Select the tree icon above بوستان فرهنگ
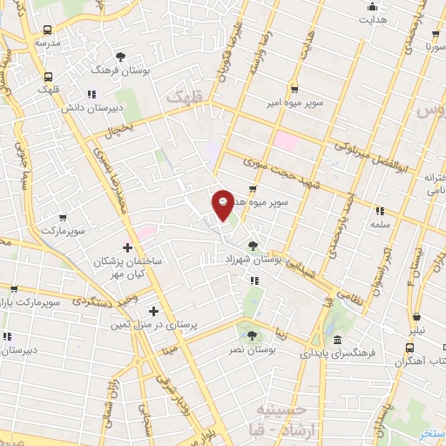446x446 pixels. [120, 56]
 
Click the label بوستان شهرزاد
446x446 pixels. [250, 260]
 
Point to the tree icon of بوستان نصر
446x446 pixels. [253, 334]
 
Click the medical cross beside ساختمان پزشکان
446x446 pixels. [128, 248]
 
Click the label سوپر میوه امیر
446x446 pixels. [294, 103]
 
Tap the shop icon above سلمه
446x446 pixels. [379, 211]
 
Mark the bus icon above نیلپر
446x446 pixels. [420, 317]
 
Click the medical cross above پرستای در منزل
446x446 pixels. [154, 311]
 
